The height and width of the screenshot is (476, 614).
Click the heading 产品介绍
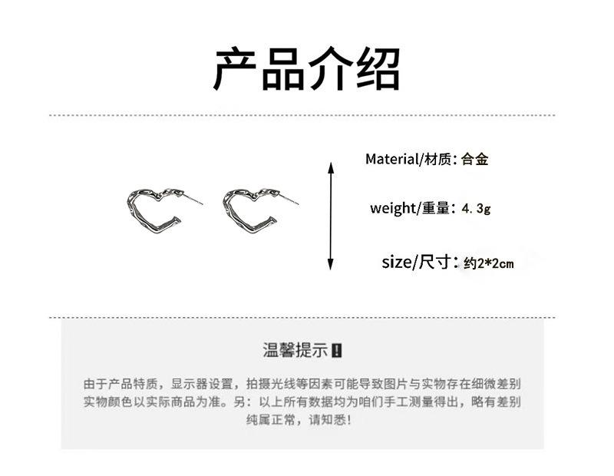(306, 70)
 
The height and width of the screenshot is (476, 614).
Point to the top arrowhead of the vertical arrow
(331, 167)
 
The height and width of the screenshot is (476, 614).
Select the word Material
(392, 160)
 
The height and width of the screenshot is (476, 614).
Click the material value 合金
(475, 160)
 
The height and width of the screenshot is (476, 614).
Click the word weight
(392, 208)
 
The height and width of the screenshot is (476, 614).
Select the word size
(397, 263)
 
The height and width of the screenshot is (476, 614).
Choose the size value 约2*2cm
(489, 263)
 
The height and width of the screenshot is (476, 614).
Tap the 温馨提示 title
(295, 351)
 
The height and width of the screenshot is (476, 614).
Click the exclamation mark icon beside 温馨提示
(338, 351)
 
